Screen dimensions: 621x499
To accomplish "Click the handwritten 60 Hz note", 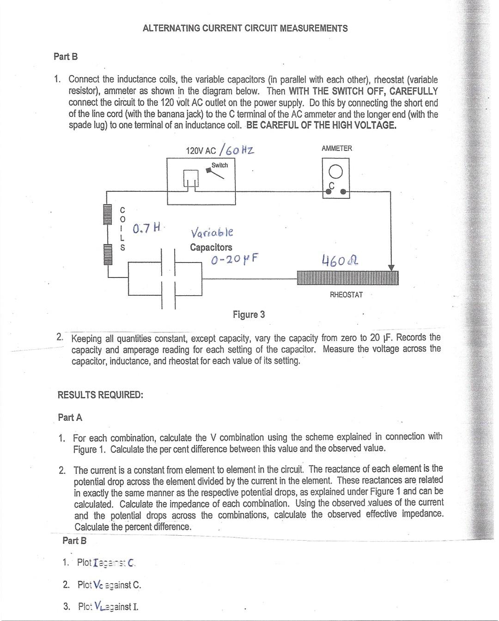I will click(x=237, y=149).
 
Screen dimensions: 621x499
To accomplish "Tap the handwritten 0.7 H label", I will click(x=146, y=228).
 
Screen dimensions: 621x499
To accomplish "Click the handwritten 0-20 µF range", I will click(x=234, y=259).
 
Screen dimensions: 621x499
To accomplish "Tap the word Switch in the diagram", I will click(x=219, y=165).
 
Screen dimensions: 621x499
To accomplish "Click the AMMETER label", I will click(x=337, y=148).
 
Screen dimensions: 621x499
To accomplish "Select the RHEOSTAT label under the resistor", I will click(x=346, y=295).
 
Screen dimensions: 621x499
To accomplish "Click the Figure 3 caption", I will click(x=249, y=315).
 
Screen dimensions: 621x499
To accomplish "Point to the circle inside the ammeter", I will click(x=336, y=172).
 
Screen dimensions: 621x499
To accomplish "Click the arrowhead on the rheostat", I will click(x=391, y=268).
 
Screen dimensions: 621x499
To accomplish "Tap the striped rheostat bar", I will click(x=347, y=278).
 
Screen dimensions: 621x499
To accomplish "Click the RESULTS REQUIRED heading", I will click(x=100, y=395).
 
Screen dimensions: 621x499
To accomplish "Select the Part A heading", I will click(x=70, y=418).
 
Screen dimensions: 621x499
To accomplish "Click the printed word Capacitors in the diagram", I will click(x=211, y=247).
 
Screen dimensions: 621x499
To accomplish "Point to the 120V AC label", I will click(x=201, y=151).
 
